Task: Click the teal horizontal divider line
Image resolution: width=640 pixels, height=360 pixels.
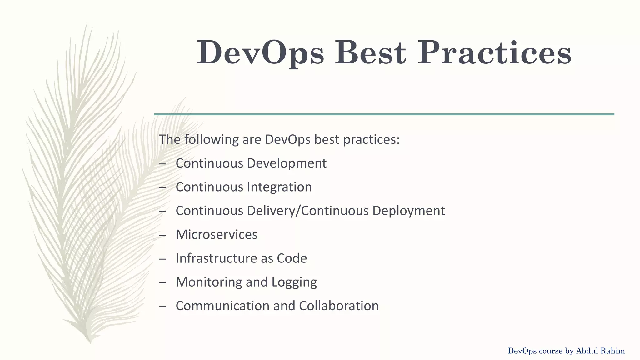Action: (384, 114)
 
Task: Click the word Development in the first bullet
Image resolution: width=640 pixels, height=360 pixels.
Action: (287, 163)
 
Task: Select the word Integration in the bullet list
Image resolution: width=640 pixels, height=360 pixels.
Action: (279, 187)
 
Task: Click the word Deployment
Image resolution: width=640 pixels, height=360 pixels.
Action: (408, 211)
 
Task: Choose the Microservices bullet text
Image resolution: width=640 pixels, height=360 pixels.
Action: (217, 234)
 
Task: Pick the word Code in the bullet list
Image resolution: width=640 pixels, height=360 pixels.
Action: (292, 258)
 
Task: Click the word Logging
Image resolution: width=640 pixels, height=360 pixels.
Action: (294, 282)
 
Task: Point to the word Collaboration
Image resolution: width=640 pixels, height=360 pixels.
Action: (339, 306)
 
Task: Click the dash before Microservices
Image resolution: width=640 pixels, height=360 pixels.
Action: (162, 235)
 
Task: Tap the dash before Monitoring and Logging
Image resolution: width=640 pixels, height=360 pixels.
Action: (162, 282)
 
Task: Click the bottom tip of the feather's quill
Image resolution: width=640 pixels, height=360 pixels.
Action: (90, 342)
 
